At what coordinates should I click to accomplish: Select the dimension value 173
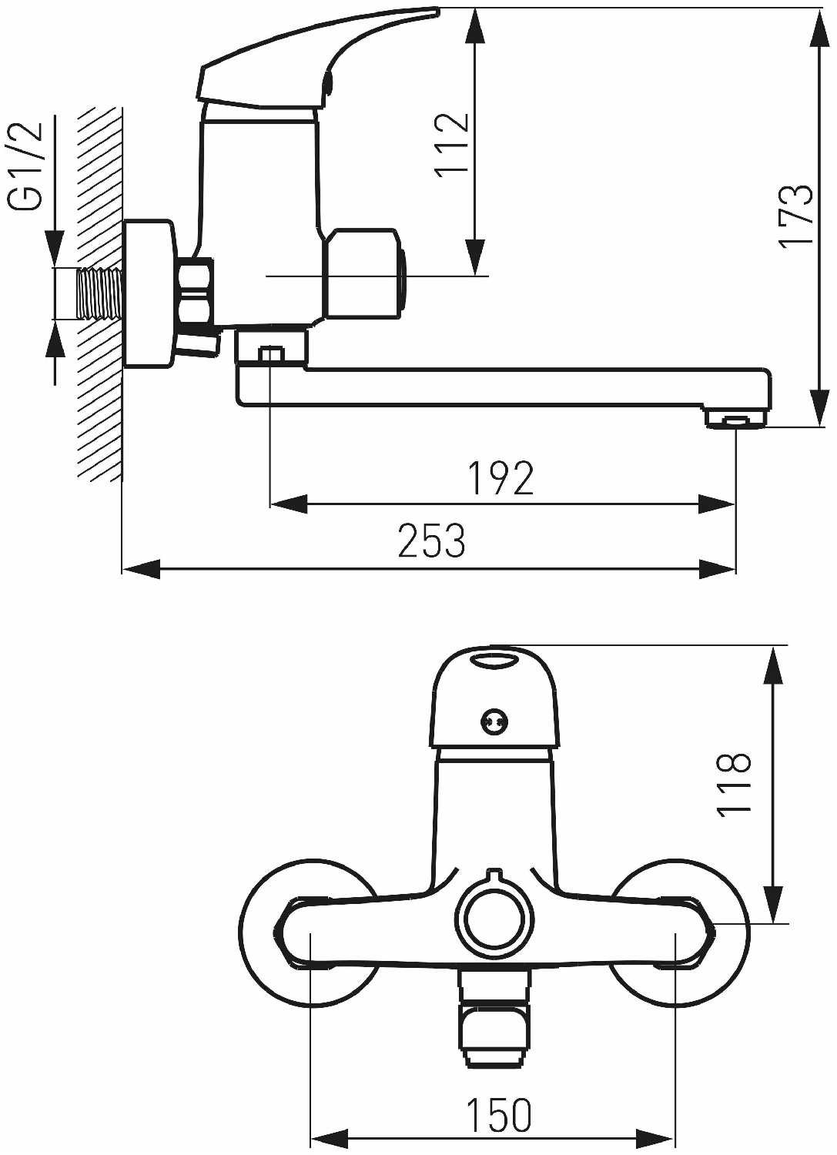(x=797, y=217)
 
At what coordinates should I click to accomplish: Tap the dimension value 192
(x=501, y=478)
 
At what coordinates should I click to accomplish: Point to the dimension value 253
(x=432, y=540)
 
